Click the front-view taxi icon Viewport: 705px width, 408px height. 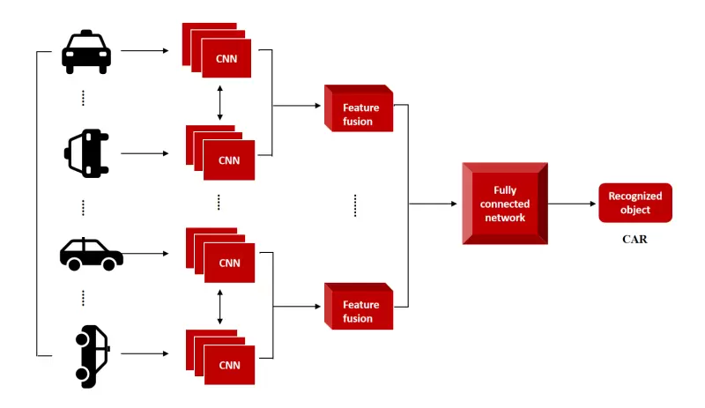[86, 54]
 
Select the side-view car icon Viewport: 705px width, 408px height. [91, 254]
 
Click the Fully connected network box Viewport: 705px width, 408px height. [505, 204]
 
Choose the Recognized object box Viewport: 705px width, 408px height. [634, 204]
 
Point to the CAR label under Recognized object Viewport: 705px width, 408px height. [634, 239]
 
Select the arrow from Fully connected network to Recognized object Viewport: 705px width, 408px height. [573, 204]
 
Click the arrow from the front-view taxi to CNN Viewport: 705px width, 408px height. [144, 51]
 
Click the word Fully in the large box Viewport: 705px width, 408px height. [505, 190]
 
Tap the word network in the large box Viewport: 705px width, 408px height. [505, 218]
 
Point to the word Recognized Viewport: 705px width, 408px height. [634, 197]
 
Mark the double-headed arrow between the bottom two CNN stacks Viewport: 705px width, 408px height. [219, 305]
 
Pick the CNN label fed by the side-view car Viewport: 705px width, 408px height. [228, 263]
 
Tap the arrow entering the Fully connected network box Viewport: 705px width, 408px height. [432, 204]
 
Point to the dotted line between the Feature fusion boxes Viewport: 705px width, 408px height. [354, 205]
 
